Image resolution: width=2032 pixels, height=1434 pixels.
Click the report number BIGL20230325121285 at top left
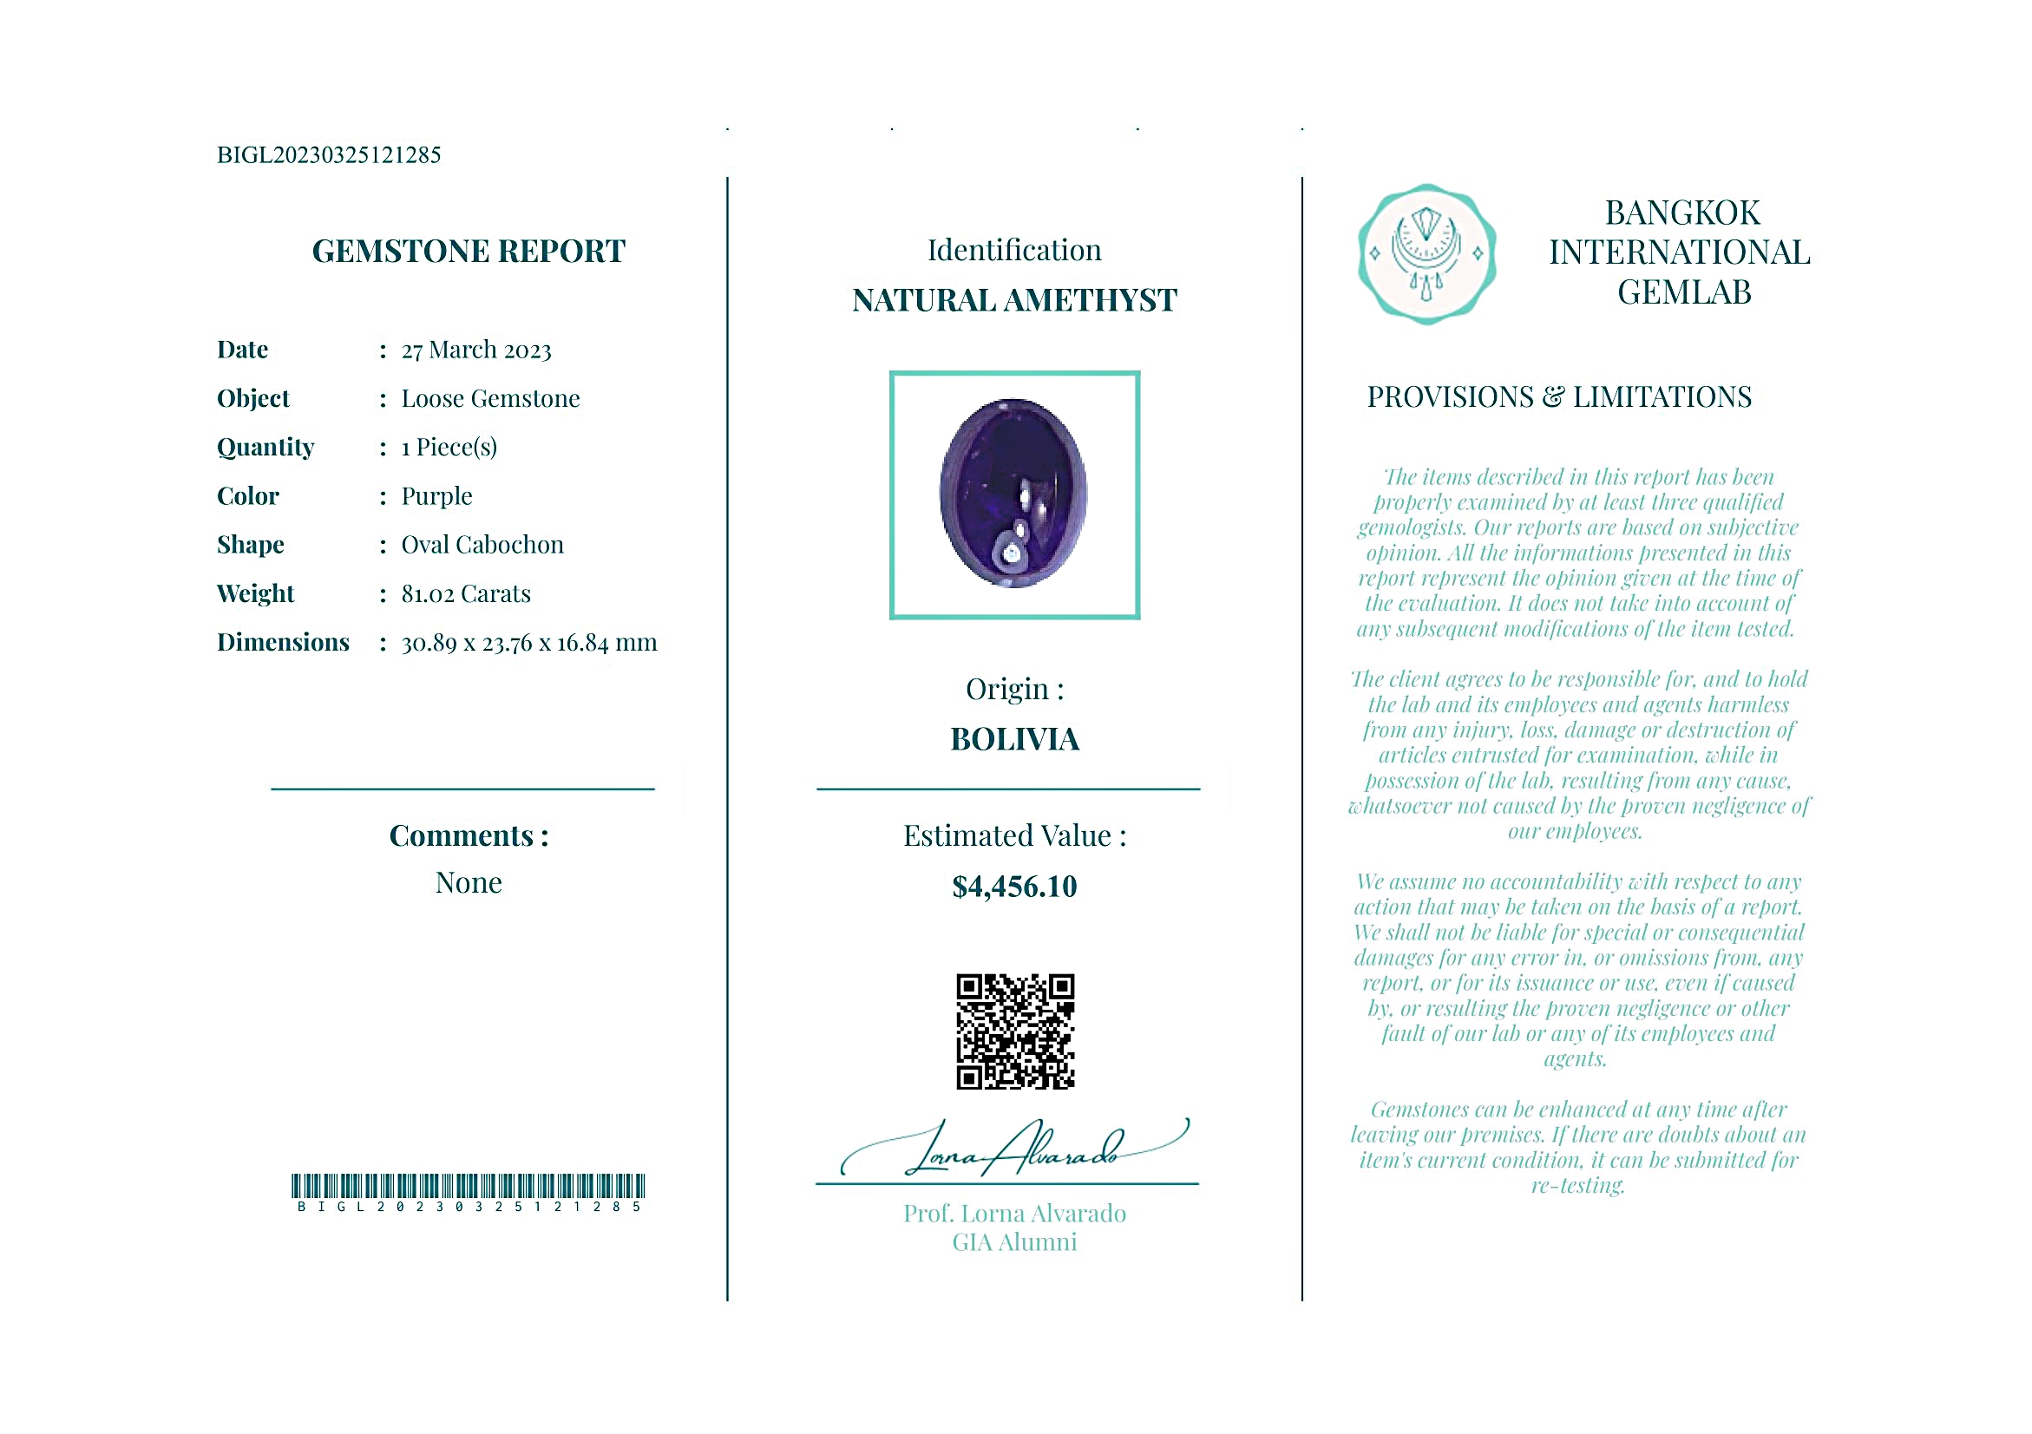coord(328,155)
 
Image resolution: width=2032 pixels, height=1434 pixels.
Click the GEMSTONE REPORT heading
coord(469,252)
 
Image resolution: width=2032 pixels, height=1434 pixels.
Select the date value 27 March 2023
coord(476,350)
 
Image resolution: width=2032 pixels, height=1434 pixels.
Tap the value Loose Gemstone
coord(490,399)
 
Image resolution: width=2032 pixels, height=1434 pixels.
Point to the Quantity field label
coord(265,448)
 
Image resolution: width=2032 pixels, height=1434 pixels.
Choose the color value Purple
coord(436,496)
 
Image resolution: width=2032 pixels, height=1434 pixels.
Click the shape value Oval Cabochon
coord(482,545)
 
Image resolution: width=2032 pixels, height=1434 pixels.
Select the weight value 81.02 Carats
coord(466,593)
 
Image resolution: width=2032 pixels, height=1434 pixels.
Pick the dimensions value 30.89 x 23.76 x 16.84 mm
coord(529,643)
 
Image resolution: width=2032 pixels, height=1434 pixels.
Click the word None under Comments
coord(469,883)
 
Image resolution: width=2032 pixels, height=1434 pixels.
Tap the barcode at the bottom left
coord(469,1186)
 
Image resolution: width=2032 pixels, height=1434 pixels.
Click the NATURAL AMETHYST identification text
coord(1014,301)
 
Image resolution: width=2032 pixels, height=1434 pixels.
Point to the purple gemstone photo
coord(1013,494)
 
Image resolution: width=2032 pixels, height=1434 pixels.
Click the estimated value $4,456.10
coord(1014,887)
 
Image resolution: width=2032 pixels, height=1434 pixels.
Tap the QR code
coord(1015,1031)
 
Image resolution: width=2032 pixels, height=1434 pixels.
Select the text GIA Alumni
coord(1014,1243)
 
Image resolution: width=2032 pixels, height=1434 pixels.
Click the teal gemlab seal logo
coord(1426,254)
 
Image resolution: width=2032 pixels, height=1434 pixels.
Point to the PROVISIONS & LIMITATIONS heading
coord(1558,397)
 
